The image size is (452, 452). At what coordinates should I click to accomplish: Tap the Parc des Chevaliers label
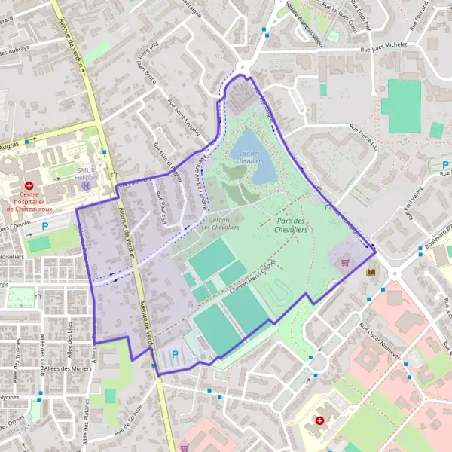tap(290, 224)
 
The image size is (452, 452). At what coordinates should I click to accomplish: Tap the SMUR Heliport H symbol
tap(87, 185)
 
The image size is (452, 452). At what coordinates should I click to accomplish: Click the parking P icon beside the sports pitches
tap(176, 354)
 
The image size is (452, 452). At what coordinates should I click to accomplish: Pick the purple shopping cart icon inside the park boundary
tap(345, 263)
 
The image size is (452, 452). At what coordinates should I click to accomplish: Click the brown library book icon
tap(369, 272)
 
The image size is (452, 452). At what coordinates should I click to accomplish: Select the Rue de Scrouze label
tap(128, 426)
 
